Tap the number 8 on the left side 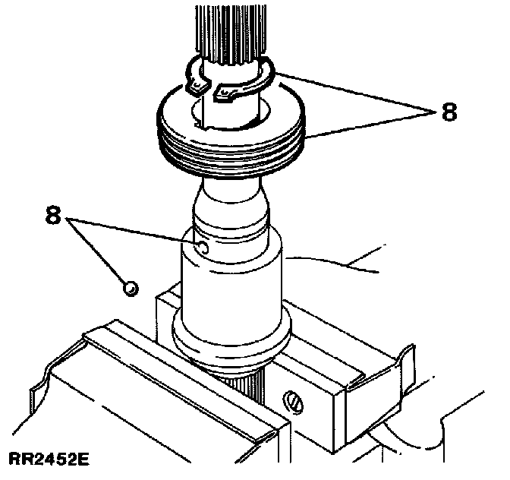click(x=52, y=215)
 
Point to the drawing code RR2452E click(x=47, y=459)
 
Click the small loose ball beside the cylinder click(x=130, y=287)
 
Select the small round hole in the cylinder click(x=201, y=247)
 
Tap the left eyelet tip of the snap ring click(x=196, y=88)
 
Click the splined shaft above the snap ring click(x=228, y=30)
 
